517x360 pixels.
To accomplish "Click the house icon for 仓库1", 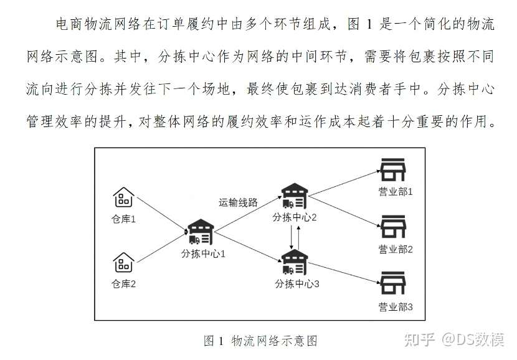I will [x=123, y=197].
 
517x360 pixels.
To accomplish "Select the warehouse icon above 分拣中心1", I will [x=202, y=232].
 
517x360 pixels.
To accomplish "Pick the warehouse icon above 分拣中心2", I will [x=294, y=196].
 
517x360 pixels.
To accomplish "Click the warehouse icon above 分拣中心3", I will [x=294, y=262].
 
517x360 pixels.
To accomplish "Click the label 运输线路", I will [x=238, y=202].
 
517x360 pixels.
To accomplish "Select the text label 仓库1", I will [x=123, y=219].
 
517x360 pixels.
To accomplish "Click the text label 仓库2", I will [x=123, y=284].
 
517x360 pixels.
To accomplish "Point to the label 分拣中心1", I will [x=203, y=253].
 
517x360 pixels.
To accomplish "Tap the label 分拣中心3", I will [x=297, y=283].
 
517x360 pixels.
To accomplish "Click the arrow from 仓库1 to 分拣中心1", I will [x=161, y=215].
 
